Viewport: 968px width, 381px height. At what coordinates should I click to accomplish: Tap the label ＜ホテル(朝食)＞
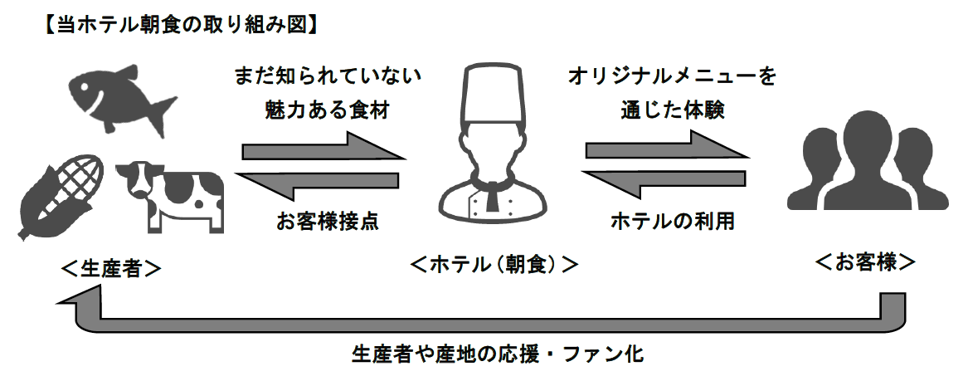point(494,265)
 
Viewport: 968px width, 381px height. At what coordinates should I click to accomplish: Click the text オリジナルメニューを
point(673,77)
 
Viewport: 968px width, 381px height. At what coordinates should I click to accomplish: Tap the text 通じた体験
point(673,110)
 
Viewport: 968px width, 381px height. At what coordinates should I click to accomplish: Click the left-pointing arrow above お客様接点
point(319,183)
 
